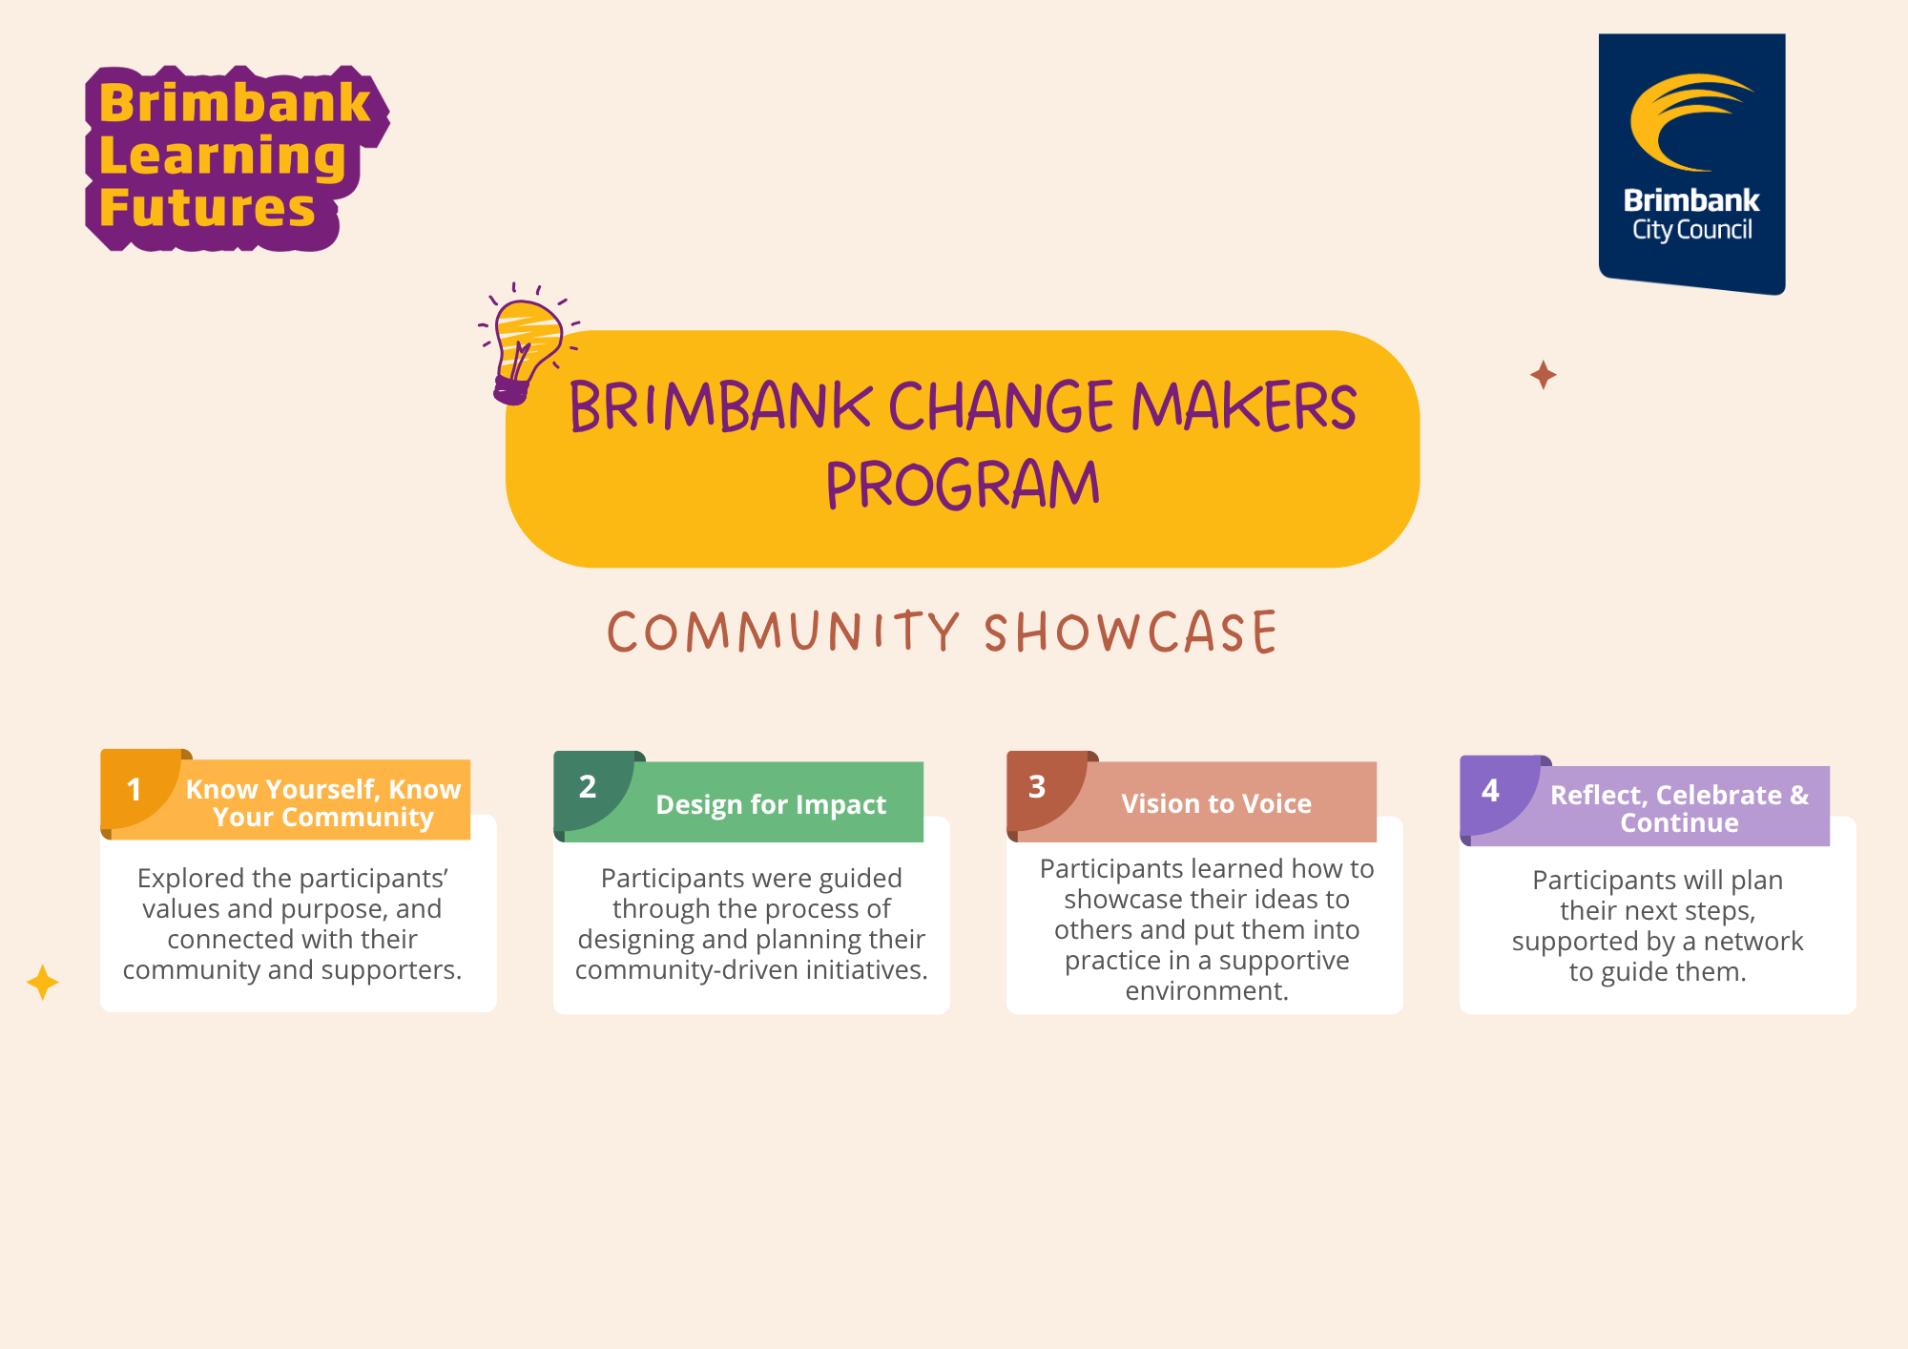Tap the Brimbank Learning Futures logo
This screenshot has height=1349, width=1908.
[237, 158]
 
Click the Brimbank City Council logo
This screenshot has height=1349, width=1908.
[1691, 164]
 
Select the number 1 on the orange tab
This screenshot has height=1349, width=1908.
[135, 790]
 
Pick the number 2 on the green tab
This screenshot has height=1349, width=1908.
[588, 787]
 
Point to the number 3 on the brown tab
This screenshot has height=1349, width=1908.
[1037, 787]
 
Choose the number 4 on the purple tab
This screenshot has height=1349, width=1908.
[1490, 790]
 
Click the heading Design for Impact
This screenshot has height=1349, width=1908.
[771, 805]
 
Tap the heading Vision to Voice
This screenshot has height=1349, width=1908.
[1216, 804]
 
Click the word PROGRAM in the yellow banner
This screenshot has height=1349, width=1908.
[963, 485]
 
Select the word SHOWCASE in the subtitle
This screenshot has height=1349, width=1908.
[1130, 633]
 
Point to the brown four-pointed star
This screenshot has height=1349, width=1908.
[1543, 375]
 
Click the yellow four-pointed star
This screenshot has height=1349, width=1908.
[43, 983]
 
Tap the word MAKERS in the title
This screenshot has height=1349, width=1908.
[1244, 406]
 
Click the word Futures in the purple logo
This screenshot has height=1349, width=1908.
[207, 208]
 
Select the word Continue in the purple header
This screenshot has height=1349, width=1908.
[1679, 823]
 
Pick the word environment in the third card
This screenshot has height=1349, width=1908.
[1207, 991]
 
